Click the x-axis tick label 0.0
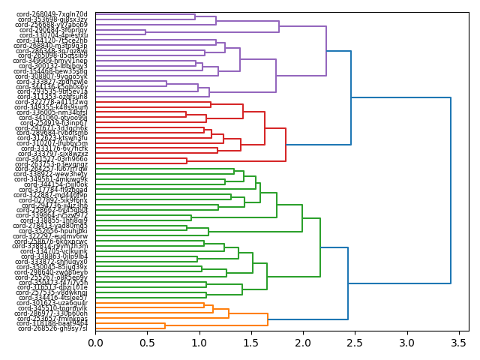coord(95,343)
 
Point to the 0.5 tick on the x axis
coord(147,343)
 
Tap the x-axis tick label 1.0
coord(199,343)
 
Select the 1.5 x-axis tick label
coord(250,343)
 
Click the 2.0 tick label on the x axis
coord(302,343)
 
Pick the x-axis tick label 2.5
coord(354,343)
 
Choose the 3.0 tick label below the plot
coord(406,343)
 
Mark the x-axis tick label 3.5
coord(457,343)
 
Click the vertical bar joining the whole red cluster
coord(286,145)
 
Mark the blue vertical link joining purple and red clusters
coord(351,97)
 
